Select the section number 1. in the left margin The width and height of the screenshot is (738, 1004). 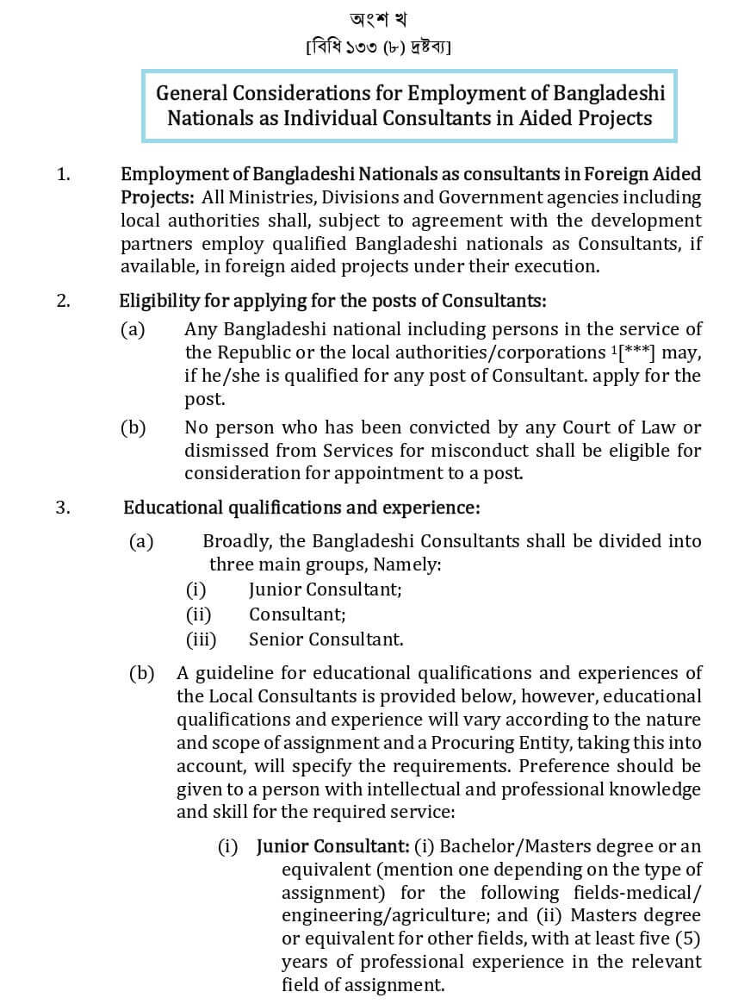point(63,174)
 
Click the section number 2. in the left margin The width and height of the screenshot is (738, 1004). point(63,302)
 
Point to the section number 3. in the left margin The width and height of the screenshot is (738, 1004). point(63,508)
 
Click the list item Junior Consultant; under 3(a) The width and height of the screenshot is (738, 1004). point(325,590)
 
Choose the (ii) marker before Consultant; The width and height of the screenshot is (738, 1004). point(198,614)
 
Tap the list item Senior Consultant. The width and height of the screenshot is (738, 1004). point(326,639)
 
